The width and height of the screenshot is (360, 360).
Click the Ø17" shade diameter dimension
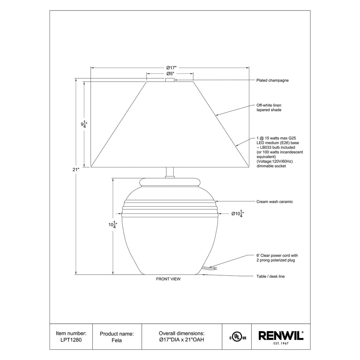click(x=172, y=68)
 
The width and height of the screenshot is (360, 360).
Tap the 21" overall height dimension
click(x=76, y=170)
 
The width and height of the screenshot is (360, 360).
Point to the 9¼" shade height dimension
click(x=84, y=124)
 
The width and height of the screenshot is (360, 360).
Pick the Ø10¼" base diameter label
click(x=237, y=214)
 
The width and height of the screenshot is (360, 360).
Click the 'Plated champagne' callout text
click(x=272, y=81)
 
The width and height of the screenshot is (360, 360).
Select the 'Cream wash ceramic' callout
click(x=275, y=201)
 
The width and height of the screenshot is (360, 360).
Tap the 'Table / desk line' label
click(x=270, y=276)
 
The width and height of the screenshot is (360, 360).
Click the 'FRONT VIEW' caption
click(x=168, y=279)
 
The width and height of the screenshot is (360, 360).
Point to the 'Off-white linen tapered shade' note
click(x=269, y=108)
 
